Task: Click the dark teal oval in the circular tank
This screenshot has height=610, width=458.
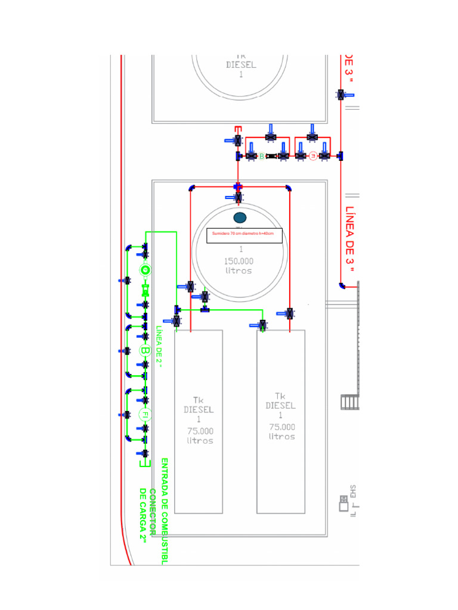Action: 240,217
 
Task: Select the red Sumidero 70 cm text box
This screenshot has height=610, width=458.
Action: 243,235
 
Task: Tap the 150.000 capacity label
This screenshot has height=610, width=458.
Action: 239,261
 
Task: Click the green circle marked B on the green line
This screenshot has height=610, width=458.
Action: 145,350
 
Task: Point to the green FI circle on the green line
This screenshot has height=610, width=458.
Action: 144,415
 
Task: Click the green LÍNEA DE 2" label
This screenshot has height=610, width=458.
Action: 159,346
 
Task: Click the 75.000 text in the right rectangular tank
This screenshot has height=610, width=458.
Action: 281,427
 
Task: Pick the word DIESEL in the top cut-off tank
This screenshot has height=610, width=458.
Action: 241,65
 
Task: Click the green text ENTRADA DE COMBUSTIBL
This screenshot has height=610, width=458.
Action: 165,511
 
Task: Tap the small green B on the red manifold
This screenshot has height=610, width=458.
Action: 261,156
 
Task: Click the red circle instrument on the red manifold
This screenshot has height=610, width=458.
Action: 312,156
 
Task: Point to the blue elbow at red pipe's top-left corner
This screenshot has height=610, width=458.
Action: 191,188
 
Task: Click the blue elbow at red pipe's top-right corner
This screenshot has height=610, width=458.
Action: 288,188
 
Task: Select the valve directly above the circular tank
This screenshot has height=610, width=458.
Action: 239,197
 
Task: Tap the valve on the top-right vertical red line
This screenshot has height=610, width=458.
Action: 341,95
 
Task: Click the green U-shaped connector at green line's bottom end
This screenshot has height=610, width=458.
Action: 143,462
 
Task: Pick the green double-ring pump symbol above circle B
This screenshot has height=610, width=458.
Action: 144,270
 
